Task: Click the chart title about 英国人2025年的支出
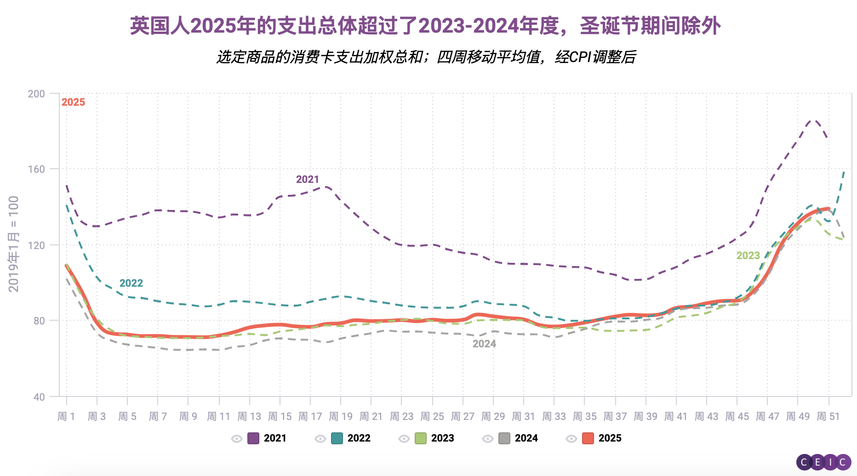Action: point(425,26)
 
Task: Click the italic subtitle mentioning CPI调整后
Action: point(426,57)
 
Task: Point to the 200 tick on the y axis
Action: point(36,94)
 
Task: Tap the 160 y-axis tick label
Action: point(36,169)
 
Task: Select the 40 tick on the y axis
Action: point(39,397)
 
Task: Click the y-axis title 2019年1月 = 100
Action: point(14,244)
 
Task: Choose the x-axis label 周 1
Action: point(66,416)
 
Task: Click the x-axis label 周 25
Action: point(432,416)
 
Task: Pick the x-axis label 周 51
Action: point(828,416)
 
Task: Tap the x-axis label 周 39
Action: point(646,416)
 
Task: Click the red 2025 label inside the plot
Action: point(74,102)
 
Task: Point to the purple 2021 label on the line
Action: point(307,179)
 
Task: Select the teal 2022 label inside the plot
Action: point(131,283)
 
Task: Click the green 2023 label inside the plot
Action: point(748,255)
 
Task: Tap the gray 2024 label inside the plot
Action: point(484,344)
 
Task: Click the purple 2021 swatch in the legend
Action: point(253,438)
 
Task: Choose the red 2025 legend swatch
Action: point(588,438)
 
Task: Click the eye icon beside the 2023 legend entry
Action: point(404,439)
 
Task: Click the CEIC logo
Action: point(823,462)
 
